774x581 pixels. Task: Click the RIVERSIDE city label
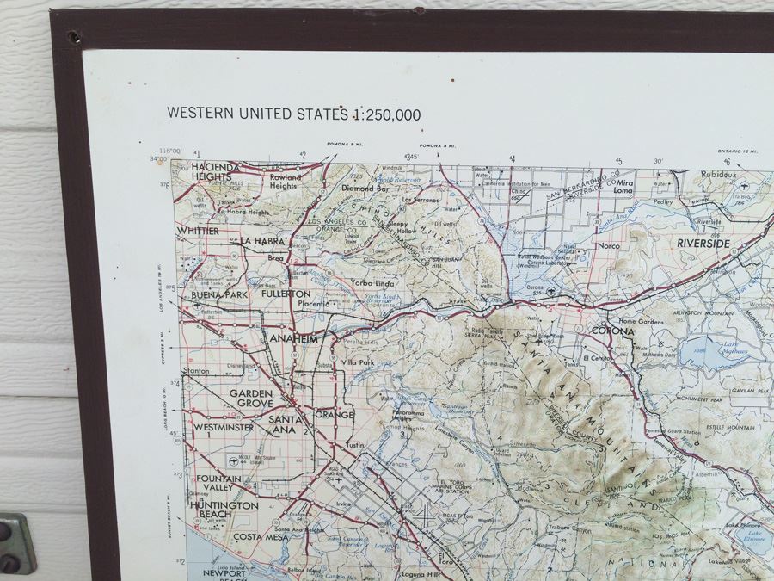click(703, 244)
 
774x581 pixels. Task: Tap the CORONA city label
click(612, 331)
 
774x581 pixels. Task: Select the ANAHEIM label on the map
click(294, 339)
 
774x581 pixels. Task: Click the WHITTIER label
click(198, 231)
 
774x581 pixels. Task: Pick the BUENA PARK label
click(219, 294)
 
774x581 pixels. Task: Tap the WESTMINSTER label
click(223, 427)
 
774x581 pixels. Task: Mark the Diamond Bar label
click(365, 188)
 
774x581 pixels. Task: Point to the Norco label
click(609, 246)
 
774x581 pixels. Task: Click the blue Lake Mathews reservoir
click(706, 351)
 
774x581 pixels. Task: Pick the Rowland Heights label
click(284, 182)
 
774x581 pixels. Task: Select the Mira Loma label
click(623, 188)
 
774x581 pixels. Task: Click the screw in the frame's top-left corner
click(71, 37)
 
